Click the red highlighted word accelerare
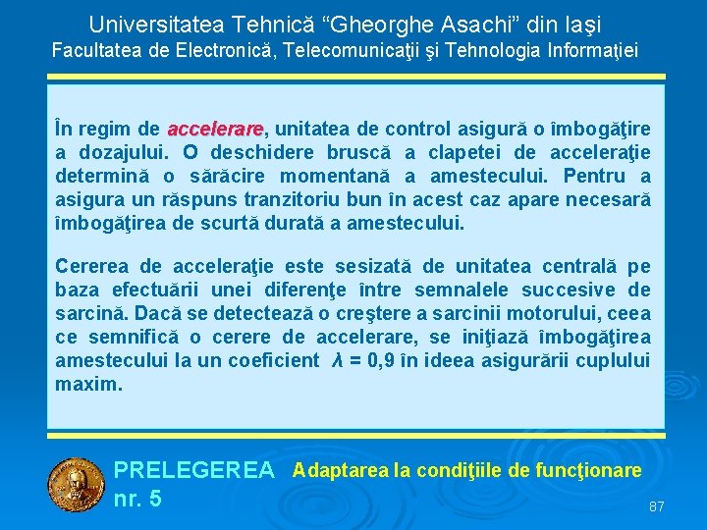[x=216, y=130]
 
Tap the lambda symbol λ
[x=339, y=361]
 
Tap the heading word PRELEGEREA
[x=194, y=472]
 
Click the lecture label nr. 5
[x=138, y=500]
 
